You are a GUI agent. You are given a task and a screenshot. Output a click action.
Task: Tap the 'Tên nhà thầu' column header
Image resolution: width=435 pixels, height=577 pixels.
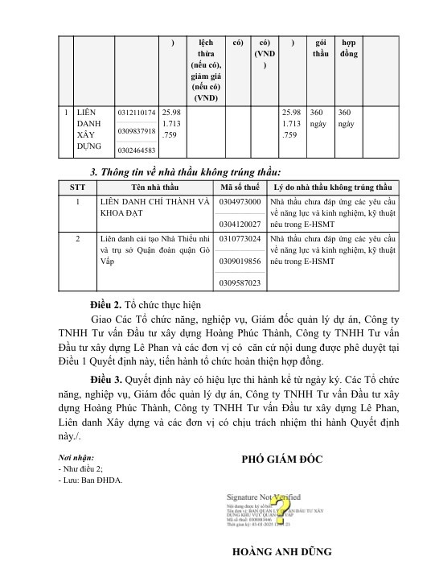pos(155,187)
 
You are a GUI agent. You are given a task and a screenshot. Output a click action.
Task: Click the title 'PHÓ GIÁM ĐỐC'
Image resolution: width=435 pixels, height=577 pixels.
pos(281,460)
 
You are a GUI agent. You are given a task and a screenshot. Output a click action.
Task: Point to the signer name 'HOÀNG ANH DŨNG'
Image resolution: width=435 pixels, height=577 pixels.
pos(281,553)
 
